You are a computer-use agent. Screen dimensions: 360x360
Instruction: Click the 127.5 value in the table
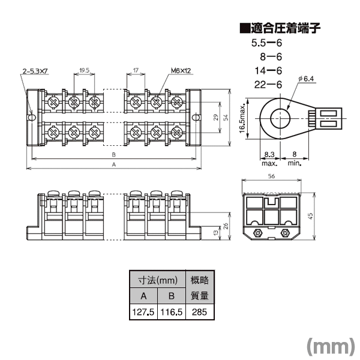point(143,312)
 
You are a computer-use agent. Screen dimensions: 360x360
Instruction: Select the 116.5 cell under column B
point(171,312)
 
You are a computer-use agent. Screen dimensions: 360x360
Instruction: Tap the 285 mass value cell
point(200,312)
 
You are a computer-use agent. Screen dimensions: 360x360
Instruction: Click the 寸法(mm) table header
point(157,280)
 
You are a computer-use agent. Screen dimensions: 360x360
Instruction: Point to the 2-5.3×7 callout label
point(35,71)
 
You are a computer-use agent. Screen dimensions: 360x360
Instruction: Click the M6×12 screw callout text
point(181,71)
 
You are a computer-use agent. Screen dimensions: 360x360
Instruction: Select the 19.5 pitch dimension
point(84,70)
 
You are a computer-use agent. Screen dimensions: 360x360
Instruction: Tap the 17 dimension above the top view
point(136,70)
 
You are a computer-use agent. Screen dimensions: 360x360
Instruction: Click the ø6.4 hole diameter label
point(306,79)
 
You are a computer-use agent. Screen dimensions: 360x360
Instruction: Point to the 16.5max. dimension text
point(242,118)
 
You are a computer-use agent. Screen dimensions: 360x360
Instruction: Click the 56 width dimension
point(271,176)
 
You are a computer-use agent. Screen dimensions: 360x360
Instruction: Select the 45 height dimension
point(310,216)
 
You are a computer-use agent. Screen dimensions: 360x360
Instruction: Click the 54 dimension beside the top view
point(226,118)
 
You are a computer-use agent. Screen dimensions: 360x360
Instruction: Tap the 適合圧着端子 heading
point(280,28)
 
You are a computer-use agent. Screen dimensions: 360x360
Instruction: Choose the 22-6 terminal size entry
point(268,85)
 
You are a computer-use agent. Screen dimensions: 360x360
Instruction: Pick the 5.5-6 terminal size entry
point(266,43)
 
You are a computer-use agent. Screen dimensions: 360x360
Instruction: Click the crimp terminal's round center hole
point(280,118)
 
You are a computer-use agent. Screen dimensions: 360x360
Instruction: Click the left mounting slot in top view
point(31,118)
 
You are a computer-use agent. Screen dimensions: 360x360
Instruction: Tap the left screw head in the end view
point(257,233)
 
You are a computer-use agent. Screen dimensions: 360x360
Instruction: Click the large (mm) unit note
point(331,346)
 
